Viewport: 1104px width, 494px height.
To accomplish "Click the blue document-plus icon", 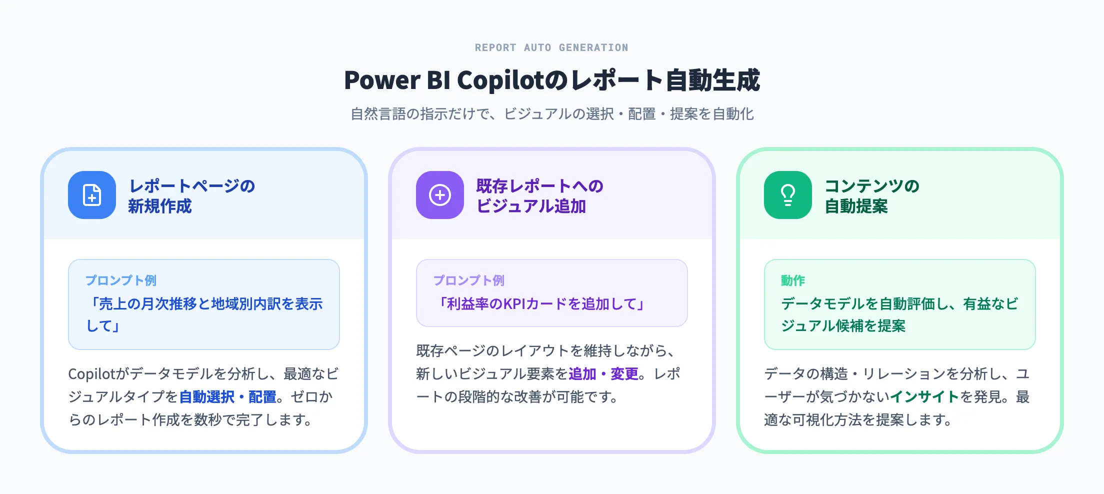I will pos(92,195).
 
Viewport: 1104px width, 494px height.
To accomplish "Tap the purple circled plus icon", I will pos(440,195).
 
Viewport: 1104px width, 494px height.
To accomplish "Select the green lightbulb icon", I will pos(788,195).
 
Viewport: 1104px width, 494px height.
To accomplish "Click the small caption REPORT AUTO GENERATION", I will pos(551,47).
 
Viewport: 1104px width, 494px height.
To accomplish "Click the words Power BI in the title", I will pos(397,80).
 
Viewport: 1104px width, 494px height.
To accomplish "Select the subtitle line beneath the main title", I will pos(552,114).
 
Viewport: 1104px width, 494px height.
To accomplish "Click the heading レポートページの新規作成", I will pos(191,195).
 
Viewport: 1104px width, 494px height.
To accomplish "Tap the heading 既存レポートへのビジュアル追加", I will pos(539,195).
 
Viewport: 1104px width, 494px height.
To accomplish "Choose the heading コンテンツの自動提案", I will pos(871,195).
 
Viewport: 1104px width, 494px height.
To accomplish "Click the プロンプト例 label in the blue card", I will pos(120,280).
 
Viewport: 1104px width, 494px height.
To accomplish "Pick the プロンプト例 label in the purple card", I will pos(468,280).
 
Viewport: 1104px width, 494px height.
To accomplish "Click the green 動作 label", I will pos(793,280).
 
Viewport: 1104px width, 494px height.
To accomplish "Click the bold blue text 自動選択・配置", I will pos(227,397).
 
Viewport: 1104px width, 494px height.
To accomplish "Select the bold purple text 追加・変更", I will pos(603,374).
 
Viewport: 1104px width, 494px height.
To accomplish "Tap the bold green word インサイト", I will pos(924,397).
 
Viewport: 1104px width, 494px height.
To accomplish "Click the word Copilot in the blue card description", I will pos(91,374).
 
